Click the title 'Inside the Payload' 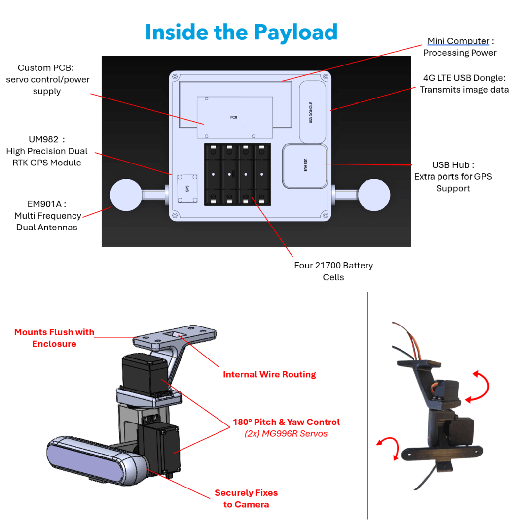coord(241,33)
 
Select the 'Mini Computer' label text coord(458,41)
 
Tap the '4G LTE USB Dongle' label coord(464,78)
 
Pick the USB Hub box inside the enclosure coord(305,166)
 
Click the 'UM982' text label coord(47,139)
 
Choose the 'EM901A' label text coord(48,204)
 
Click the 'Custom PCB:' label coord(47,68)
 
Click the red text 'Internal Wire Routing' coord(269,374)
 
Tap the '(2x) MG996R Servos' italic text coord(286,434)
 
